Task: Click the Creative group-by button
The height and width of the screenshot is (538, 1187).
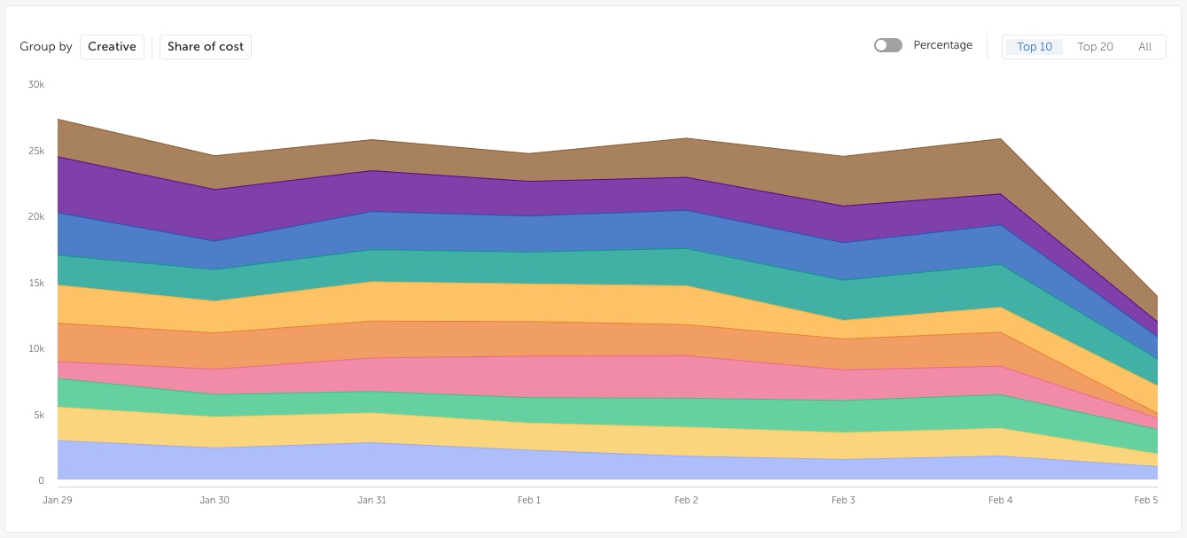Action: point(112,47)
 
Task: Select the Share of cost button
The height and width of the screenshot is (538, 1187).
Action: point(206,47)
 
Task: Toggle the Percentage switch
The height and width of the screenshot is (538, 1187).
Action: point(888,45)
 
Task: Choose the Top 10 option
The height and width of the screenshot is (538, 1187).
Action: point(1035,47)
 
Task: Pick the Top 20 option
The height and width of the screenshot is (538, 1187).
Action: point(1095,47)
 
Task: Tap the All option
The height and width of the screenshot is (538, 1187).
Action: point(1144,47)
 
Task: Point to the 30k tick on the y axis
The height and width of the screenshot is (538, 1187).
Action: point(36,84)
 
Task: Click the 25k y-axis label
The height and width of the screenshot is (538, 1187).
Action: point(36,151)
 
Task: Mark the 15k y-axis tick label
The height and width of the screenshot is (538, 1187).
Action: point(36,283)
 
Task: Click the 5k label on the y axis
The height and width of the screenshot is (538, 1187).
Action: point(39,415)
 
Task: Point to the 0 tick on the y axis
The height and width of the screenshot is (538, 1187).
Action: point(41,480)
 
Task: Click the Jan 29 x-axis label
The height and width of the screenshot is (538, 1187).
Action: point(58,500)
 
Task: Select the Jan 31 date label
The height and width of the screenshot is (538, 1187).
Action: point(372,500)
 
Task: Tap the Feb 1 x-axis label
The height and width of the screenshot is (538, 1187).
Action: point(529,500)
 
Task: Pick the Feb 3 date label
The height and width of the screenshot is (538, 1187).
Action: point(843,500)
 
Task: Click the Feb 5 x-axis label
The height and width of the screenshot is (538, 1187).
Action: point(1145,500)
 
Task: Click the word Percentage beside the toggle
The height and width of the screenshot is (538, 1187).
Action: point(942,45)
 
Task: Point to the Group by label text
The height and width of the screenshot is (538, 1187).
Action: point(45,47)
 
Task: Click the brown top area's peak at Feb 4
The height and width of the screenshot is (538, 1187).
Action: point(1000,139)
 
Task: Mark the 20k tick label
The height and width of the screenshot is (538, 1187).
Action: point(36,216)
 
